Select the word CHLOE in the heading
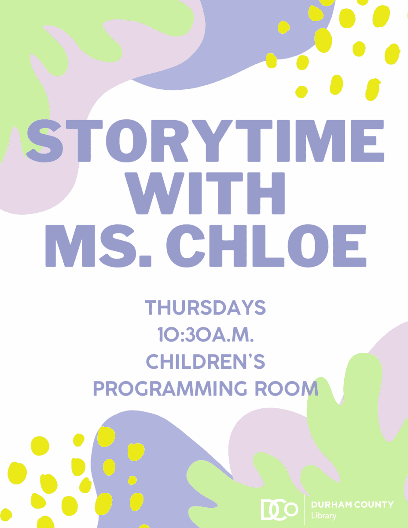coord(266,246)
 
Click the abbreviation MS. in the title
coord(99,246)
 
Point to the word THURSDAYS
coord(206,308)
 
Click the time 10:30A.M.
coord(206,334)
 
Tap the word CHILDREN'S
coord(206,361)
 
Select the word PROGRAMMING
coord(170,388)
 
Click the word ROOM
coord(287,388)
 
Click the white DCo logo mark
coord(279,510)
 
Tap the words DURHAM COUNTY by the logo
coord(352,505)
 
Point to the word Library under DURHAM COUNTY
coord(323,516)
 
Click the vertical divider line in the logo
coord(305,510)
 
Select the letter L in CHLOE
coord(269,246)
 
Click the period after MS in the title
coord(146,262)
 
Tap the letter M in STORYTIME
coord(320,141)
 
